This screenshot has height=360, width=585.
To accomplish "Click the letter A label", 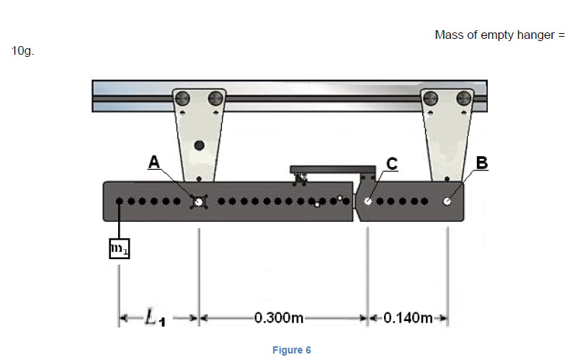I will pos(154,162).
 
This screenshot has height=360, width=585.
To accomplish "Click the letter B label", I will pos(481,162).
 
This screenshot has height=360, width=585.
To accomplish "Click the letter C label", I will pos(391,163).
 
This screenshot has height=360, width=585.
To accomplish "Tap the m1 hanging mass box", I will pos(119,249).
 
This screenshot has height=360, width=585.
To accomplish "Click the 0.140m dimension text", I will pos(408,317).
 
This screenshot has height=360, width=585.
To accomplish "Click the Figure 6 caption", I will pos(292,350).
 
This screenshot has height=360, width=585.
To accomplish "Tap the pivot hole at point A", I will pos(198,202).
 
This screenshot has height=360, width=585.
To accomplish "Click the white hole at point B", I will pos(447,202).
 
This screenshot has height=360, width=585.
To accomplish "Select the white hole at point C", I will pos(368,202).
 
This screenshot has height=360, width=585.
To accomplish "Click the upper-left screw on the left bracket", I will pos(183,99).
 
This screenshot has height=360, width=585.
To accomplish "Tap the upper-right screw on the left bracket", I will pos(214,99).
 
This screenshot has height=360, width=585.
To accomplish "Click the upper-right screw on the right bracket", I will pos(464,99).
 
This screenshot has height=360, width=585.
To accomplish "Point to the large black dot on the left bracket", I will pos(199,145).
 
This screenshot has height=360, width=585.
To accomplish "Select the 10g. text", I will pos(22,52).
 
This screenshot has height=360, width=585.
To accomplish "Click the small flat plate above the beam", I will pos(323,169).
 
